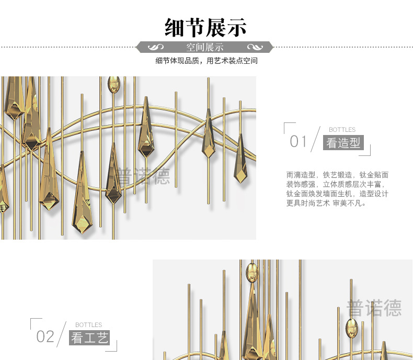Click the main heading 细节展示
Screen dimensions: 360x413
point(205,27)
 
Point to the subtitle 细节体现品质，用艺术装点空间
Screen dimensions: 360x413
point(206,61)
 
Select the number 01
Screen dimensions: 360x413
point(299,141)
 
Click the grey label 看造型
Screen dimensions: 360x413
point(343,142)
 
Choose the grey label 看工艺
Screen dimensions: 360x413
point(89,337)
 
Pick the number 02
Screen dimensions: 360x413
point(45,336)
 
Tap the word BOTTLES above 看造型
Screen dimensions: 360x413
point(342,130)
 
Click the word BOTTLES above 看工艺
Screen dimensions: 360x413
point(88,325)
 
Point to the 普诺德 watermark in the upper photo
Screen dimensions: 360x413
point(143,176)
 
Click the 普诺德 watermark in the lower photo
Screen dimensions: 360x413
point(374,308)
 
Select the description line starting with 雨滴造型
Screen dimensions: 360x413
point(337,175)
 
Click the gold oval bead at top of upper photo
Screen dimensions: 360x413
point(113,85)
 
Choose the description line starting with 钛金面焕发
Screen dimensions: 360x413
point(337,194)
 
